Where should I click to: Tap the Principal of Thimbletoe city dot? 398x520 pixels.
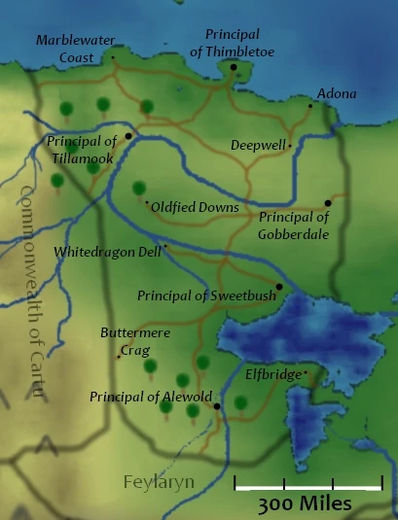[234, 67]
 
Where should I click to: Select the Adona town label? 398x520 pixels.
[337, 94]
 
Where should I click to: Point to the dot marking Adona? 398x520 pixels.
[310, 105]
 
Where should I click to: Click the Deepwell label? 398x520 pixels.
[258, 145]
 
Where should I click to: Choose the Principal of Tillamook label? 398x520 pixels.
[82, 150]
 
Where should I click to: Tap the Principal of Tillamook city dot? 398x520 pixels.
[127, 135]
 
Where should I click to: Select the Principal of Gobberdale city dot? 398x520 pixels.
[328, 203]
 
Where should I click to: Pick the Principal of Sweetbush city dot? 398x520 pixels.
[278, 286]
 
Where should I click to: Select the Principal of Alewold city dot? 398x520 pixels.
[217, 405]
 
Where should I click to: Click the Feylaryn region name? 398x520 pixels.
[159, 481]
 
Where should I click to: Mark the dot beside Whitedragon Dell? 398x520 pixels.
[165, 247]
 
